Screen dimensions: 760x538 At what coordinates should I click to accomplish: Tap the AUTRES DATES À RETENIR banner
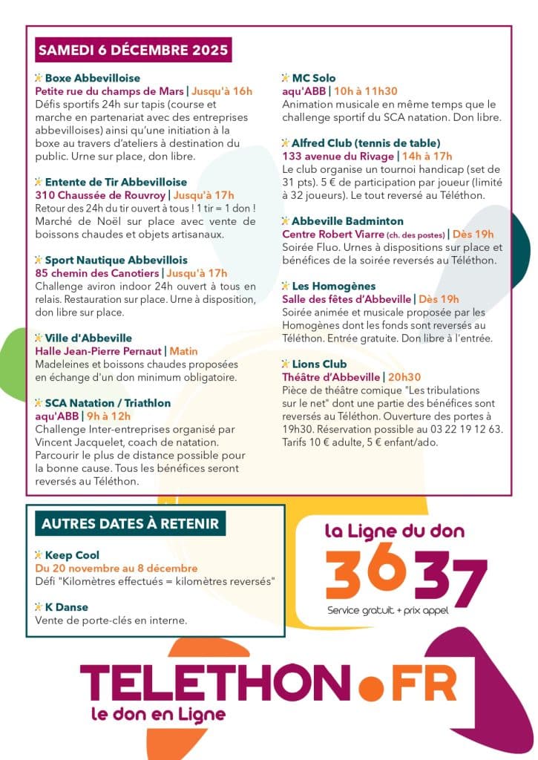(130, 523)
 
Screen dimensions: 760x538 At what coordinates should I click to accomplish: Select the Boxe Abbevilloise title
(92, 78)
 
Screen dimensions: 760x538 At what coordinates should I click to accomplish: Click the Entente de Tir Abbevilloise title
(116, 182)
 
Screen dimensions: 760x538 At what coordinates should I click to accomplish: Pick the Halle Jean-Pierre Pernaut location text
(99, 351)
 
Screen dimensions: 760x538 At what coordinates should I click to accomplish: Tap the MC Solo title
(313, 78)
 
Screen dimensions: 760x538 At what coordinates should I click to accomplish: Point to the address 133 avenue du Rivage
(338, 156)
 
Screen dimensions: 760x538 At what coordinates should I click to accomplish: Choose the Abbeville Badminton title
(347, 221)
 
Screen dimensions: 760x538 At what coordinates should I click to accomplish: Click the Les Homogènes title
(333, 286)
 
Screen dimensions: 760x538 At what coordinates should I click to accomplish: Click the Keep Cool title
(72, 555)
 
